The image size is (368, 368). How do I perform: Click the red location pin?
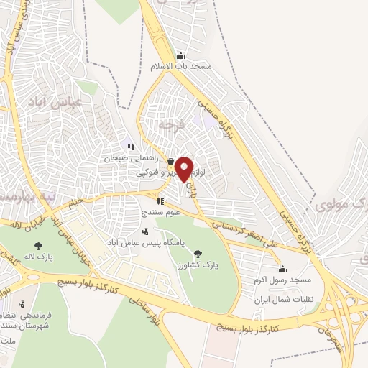(x=184, y=168)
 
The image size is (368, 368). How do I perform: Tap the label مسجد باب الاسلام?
(x=180, y=66)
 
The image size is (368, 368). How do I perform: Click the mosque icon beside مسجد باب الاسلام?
(x=180, y=56)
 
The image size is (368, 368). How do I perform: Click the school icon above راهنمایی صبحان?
(x=131, y=147)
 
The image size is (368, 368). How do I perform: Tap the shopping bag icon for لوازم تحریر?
(x=170, y=161)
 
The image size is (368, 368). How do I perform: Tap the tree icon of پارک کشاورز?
(x=198, y=252)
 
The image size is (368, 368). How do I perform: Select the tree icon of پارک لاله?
(x=50, y=245)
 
